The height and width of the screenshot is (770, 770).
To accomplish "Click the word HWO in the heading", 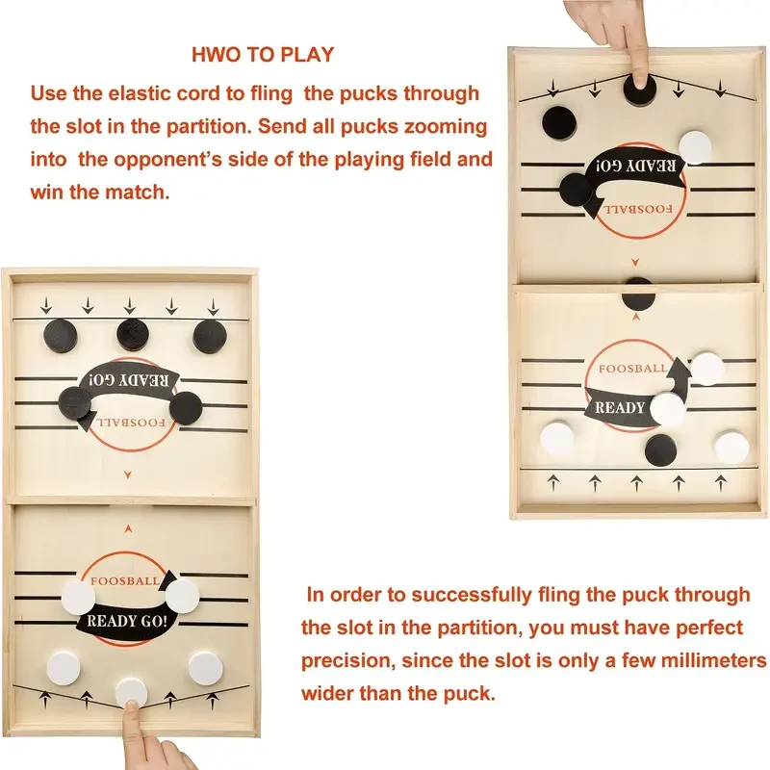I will coord(216,55).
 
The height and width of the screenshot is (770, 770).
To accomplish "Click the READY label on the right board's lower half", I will coord(620,407).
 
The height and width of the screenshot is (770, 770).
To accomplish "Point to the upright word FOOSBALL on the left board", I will coord(126,581).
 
